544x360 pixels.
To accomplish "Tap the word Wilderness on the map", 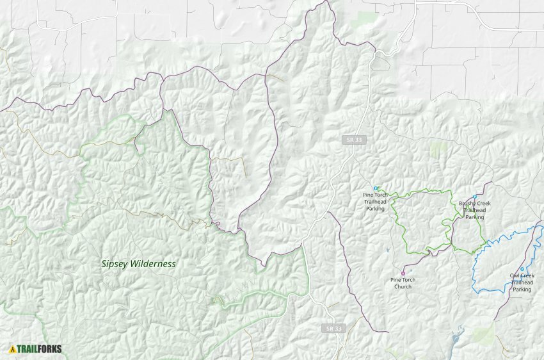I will (153, 263).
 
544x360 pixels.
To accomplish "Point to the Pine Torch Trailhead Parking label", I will (376, 201).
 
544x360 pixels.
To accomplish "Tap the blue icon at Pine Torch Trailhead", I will (376, 188).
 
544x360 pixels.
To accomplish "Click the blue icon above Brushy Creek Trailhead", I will (475, 197).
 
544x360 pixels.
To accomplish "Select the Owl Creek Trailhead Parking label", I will (522, 282).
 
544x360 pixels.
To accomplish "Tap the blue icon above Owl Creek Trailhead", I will (522, 269).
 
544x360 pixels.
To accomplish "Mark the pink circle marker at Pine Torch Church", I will (403, 273).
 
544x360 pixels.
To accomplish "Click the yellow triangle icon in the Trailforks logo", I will (12, 349).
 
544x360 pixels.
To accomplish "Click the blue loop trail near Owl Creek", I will (474, 275).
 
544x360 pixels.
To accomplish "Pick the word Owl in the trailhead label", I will (515, 275).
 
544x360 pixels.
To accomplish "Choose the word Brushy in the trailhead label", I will (467, 204).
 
